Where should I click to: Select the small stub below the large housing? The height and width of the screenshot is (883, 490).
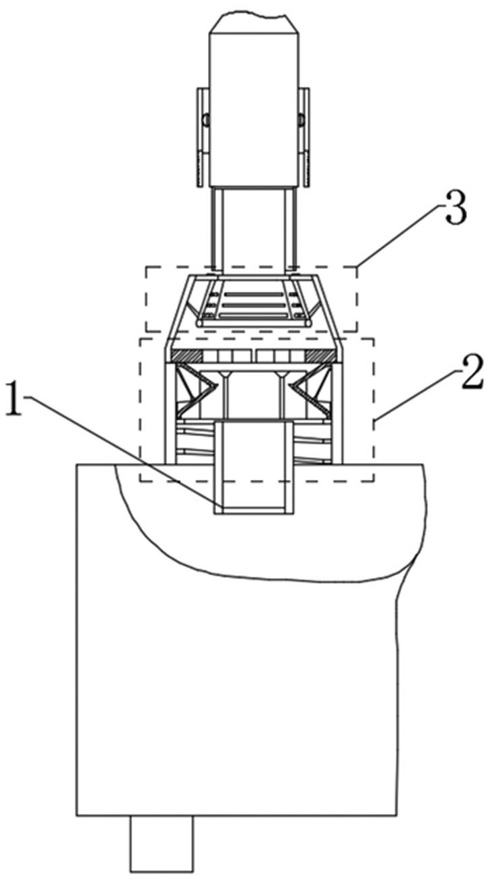pyautogui.click(x=162, y=843)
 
